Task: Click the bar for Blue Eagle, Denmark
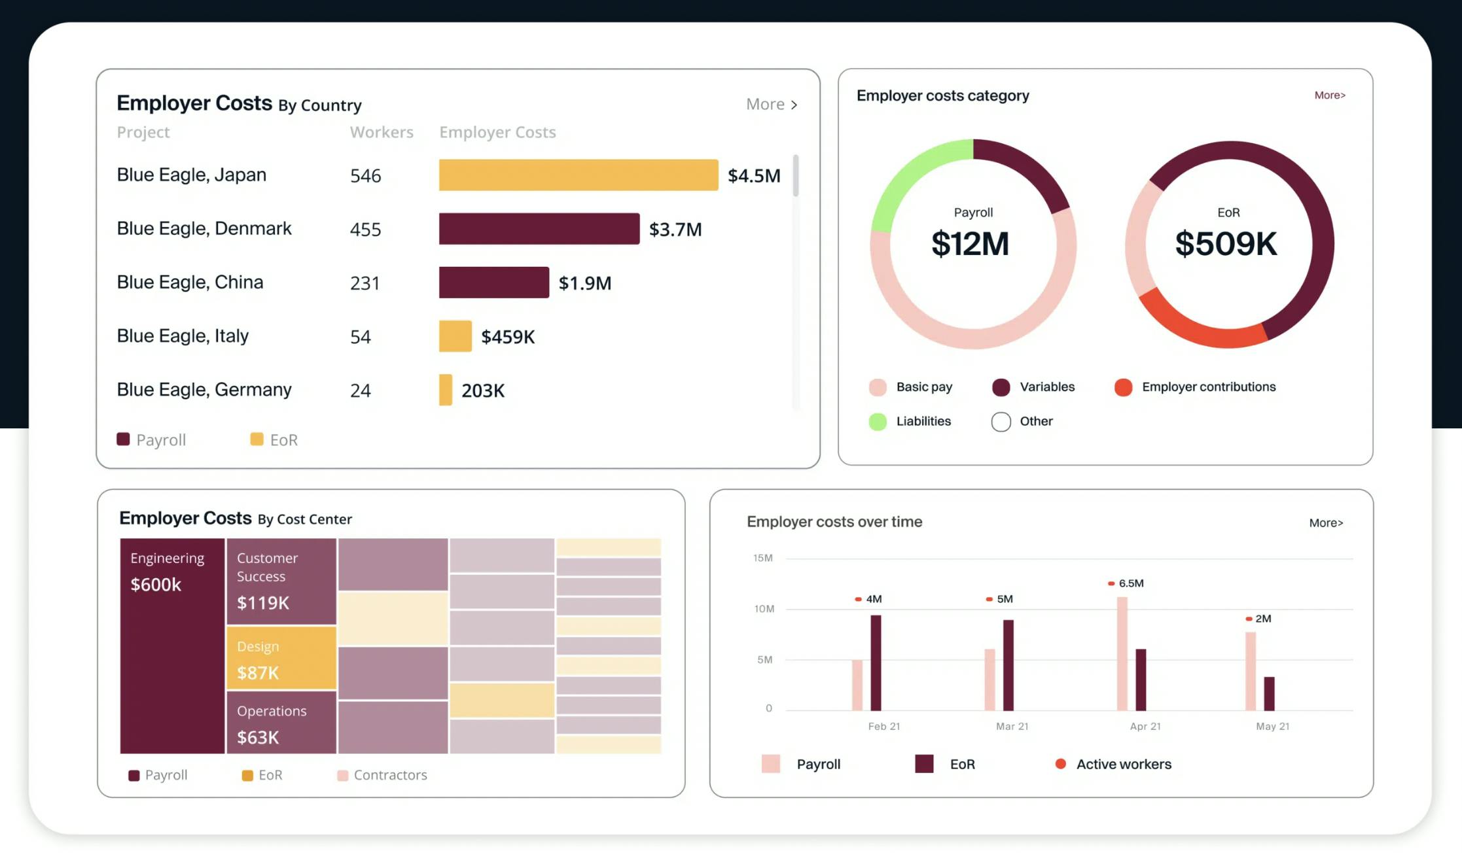(x=539, y=229)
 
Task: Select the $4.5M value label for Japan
(x=754, y=176)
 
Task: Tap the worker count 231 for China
(x=365, y=283)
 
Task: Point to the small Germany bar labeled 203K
(x=446, y=390)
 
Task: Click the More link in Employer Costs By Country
(x=771, y=105)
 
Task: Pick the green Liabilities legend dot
(x=878, y=422)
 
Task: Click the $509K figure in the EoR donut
(x=1226, y=244)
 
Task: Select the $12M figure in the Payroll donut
(x=970, y=244)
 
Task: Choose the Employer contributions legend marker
(x=1123, y=387)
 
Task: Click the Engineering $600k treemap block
(x=172, y=646)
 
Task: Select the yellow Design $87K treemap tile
(x=281, y=659)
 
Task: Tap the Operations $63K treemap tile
(x=281, y=723)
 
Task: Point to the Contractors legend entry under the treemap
(x=382, y=775)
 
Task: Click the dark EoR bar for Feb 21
(x=876, y=663)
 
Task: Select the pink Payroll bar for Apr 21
(x=1122, y=653)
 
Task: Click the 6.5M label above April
(x=1130, y=583)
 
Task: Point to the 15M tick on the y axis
(x=762, y=559)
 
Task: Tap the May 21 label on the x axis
(x=1272, y=727)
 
